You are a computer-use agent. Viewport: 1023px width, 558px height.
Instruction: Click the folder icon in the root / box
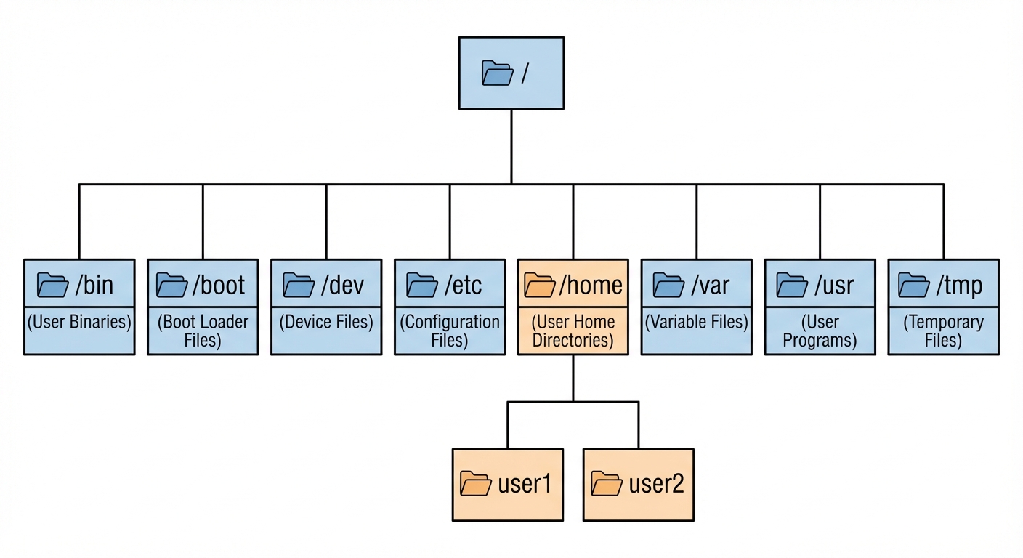[x=497, y=73]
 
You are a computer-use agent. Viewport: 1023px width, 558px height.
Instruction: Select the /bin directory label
[x=94, y=285]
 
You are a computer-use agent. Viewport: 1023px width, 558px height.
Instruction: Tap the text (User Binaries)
[x=79, y=322]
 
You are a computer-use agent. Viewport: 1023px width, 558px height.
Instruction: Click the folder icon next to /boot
[x=172, y=285]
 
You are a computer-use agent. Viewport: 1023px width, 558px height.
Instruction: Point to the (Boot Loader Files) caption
[x=203, y=331]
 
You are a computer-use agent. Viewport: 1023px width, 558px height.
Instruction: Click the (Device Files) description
[x=326, y=322]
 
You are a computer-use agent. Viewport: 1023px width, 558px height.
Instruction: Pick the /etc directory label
[x=464, y=285]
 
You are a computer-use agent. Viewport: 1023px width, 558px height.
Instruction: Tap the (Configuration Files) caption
[x=450, y=331]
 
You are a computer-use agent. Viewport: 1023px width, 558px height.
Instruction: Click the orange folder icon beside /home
[x=540, y=285]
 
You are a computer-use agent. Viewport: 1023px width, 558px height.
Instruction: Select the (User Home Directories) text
[x=573, y=331]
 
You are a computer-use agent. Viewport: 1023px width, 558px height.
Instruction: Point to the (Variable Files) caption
[x=697, y=322]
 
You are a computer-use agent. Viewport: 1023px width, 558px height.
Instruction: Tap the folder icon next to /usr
[x=792, y=285]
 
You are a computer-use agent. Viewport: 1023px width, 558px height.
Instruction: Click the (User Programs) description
[x=820, y=331]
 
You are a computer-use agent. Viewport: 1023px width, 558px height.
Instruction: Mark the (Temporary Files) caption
[x=943, y=331]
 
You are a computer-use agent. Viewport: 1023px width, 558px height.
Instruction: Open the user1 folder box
[x=508, y=485]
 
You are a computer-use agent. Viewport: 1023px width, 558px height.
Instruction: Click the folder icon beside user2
[x=606, y=484]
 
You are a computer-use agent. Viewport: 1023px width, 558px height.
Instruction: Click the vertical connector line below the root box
[x=511, y=145]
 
